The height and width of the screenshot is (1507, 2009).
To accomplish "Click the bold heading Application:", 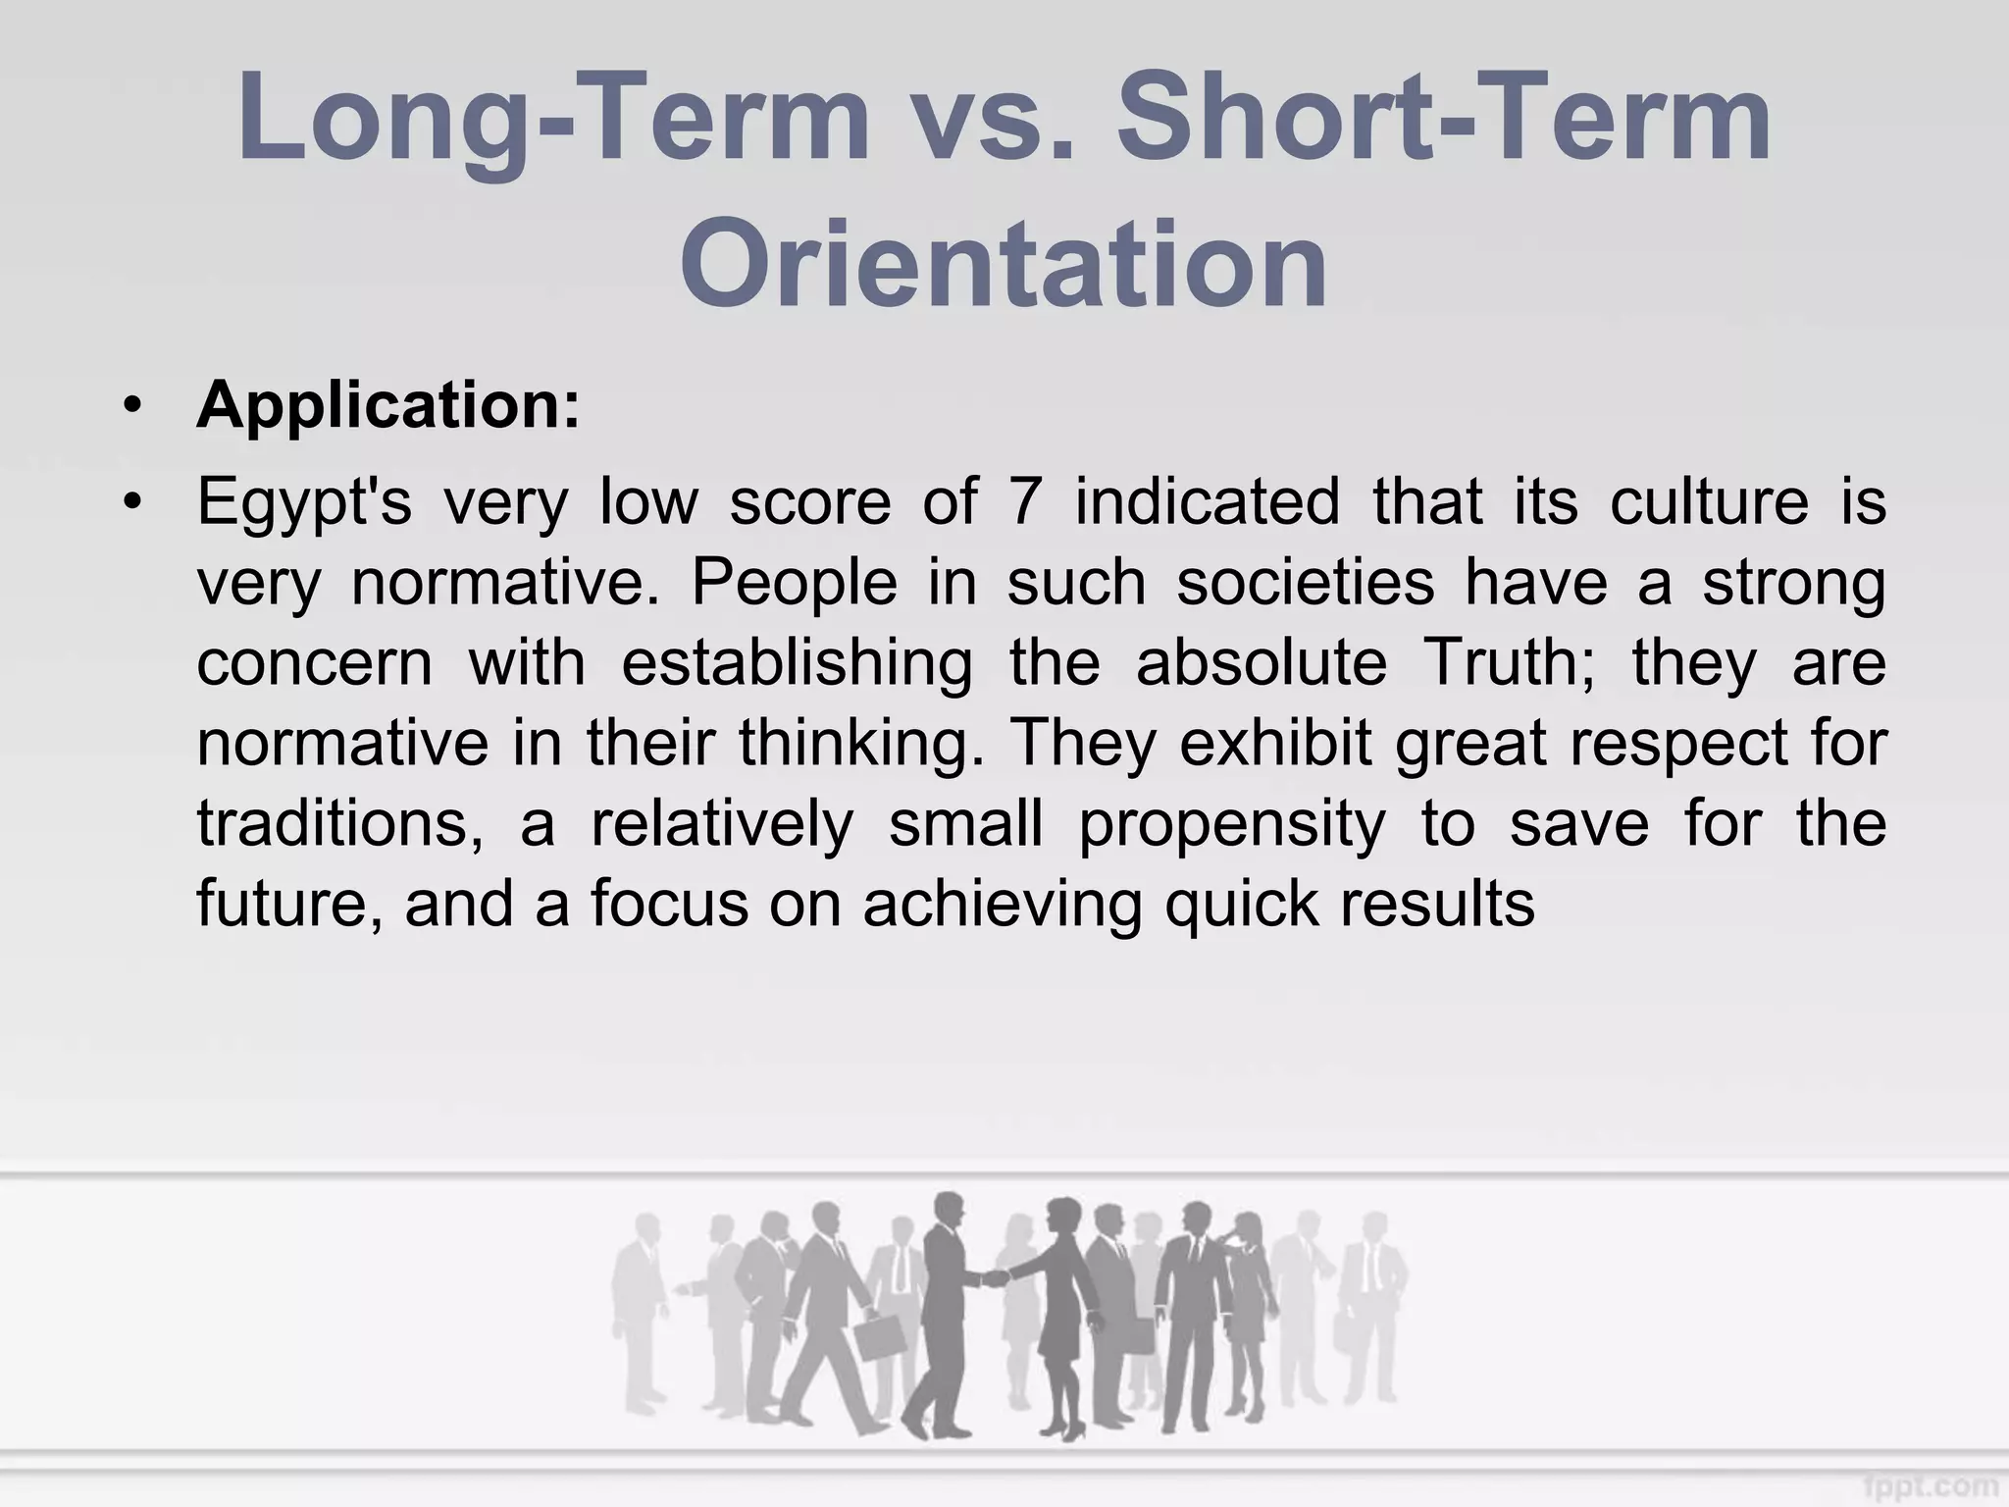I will point(388,404).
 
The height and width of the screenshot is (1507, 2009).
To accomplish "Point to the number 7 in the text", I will point(1024,501).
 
